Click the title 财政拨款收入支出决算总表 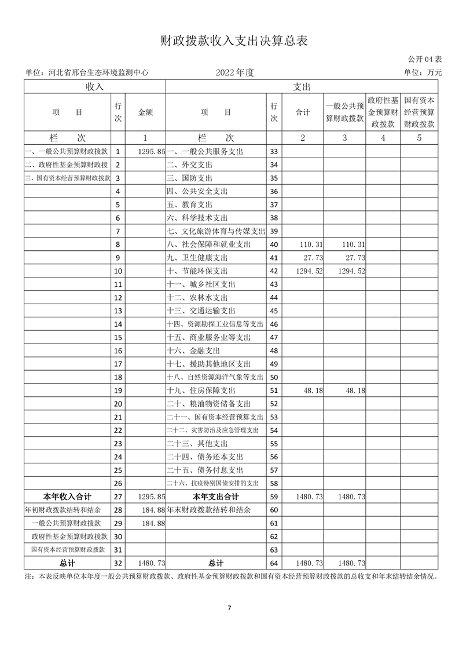coord(229,41)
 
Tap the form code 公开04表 coord(425,59)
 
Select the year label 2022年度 coord(235,72)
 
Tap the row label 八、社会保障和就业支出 coord(209,244)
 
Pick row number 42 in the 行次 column coord(274,271)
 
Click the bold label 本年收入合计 coord(68,496)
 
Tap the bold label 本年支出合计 coord(215,496)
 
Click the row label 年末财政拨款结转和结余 coord(209,510)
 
